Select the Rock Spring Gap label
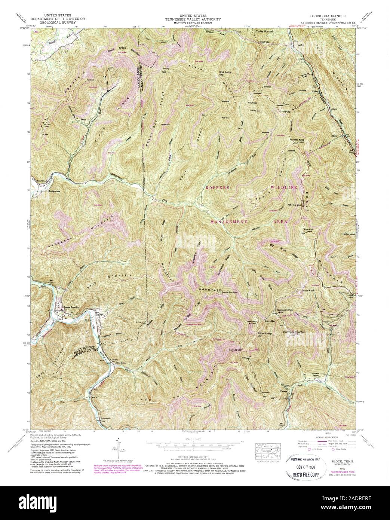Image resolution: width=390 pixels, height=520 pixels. tap(225, 73)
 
